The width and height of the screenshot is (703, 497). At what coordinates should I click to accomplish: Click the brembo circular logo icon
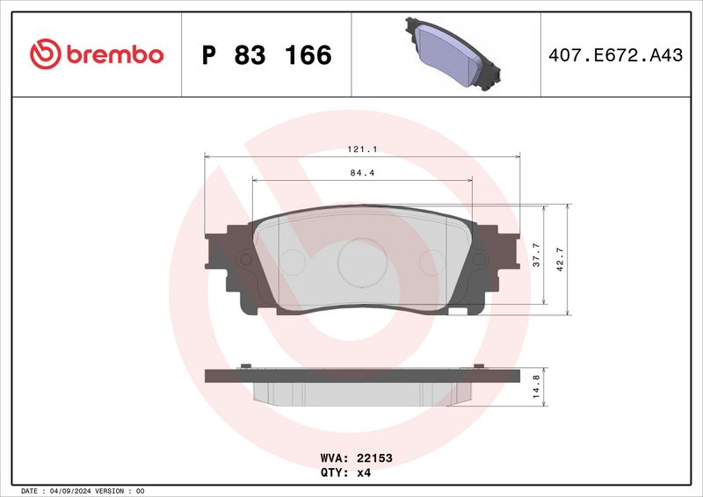[43, 54]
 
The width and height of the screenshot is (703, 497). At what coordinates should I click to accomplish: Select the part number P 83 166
[266, 54]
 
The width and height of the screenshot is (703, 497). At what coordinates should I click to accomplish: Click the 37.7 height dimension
[537, 256]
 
